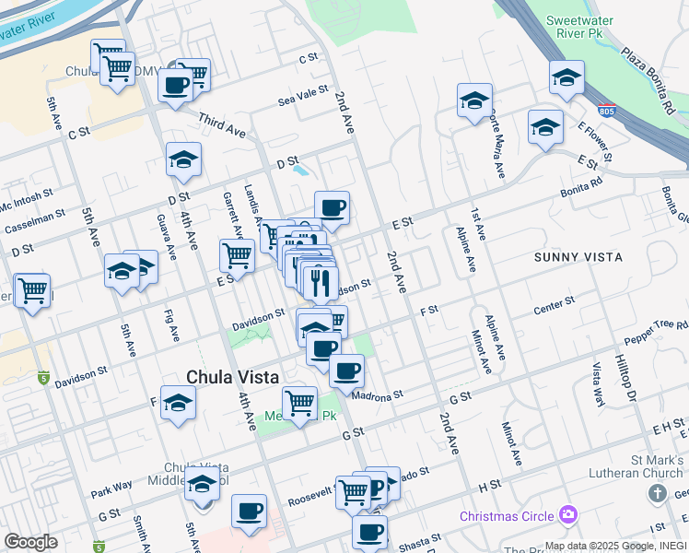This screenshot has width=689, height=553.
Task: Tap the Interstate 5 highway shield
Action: pos(43,377)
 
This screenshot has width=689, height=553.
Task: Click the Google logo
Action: pos(30,542)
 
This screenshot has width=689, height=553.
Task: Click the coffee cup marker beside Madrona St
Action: pos(346,371)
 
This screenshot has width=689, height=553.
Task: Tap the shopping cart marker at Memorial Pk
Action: pos(299,403)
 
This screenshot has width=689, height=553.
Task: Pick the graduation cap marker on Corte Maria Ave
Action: pos(474,100)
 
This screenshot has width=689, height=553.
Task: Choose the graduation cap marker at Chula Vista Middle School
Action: pos(202,484)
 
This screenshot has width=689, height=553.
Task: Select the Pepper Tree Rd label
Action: pos(655,329)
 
